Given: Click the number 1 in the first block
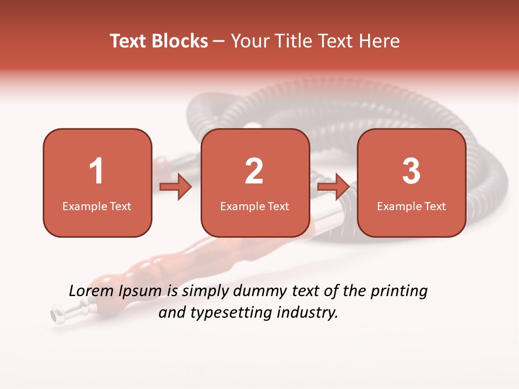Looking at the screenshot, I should tap(97, 171).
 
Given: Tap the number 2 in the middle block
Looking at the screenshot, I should tap(254, 171).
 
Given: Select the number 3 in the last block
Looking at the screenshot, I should tap(411, 171).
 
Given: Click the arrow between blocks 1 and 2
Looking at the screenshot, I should tap(176, 187).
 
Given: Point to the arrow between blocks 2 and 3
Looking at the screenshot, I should tap(333, 187).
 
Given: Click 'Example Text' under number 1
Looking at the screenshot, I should tap(97, 206).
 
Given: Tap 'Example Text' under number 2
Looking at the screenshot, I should tap(255, 206).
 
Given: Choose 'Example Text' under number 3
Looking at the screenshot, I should tap(411, 206).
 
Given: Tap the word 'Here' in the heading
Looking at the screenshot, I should tap(380, 41).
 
